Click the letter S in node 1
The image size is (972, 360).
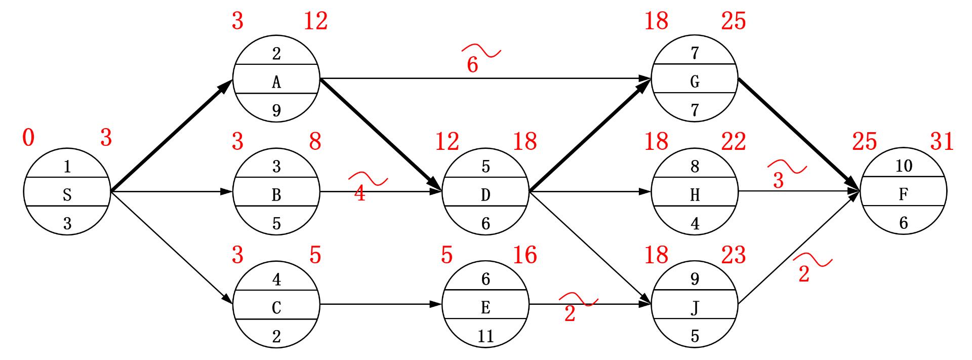[67, 195]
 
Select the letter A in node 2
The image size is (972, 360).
[276, 82]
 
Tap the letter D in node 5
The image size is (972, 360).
[485, 195]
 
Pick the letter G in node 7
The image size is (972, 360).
[695, 82]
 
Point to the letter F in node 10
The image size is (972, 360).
[904, 195]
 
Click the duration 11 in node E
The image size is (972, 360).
[485, 336]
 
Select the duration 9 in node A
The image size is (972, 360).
[276, 110]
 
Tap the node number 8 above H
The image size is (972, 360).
[695, 167]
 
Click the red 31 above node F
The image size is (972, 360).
[942, 142]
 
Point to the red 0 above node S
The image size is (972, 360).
[29, 138]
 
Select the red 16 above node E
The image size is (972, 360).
[525, 255]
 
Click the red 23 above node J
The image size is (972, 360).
[734, 255]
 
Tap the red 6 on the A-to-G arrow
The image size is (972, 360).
[472, 65]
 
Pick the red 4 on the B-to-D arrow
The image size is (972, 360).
[360, 193]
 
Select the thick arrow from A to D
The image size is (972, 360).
[381, 134]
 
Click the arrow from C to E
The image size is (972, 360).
[381, 305]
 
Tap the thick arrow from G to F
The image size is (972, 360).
[799, 134]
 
